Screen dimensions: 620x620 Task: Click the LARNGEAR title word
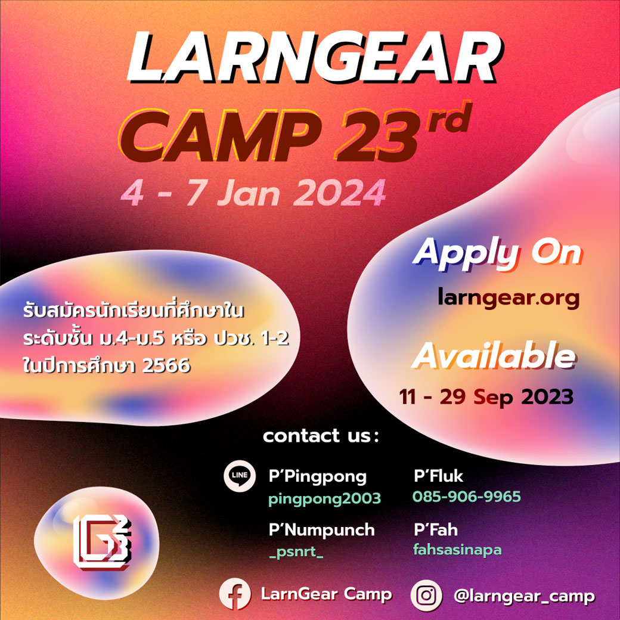pyautogui.click(x=314, y=57)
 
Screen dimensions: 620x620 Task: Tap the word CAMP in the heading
pyautogui.click(x=219, y=136)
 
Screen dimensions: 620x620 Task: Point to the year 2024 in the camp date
pyautogui.click(x=339, y=193)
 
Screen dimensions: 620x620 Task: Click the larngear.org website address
pyautogui.click(x=509, y=297)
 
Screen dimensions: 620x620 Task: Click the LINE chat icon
pyautogui.click(x=240, y=476)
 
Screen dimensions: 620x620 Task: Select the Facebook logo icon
pyautogui.click(x=235, y=594)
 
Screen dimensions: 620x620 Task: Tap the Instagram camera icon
pyautogui.click(x=426, y=595)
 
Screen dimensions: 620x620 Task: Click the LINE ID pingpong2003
pyautogui.click(x=325, y=498)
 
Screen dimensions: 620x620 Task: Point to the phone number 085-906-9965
pyautogui.click(x=467, y=497)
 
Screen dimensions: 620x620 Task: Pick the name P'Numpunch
pyautogui.click(x=321, y=529)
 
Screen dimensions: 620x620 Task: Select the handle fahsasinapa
pyautogui.click(x=457, y=550)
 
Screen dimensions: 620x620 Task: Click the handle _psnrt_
pyautogui.click(x=296, y=552)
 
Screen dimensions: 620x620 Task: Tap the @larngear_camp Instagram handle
pyautogui.click(x=524, y=596)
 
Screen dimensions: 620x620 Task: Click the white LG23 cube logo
pyautogui.click(x=102, y=542)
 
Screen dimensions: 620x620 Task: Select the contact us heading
pyautogui.click(x=321, y=436)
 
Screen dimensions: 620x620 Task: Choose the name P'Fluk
pyautogui.click(x=438, y=476)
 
